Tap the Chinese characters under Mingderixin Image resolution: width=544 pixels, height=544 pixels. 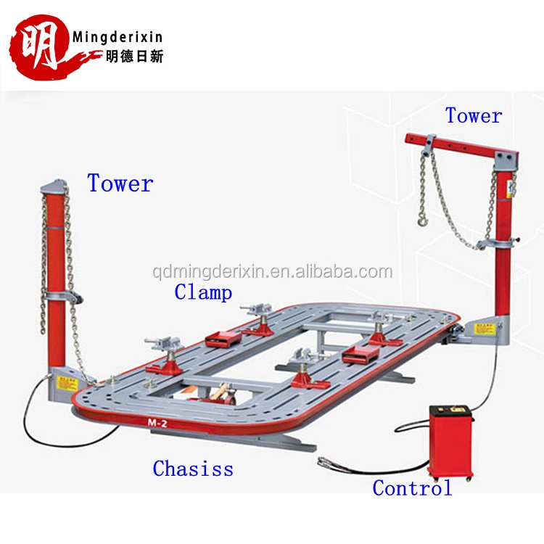click(118, 57)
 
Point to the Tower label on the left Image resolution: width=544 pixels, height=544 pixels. click(120, 184)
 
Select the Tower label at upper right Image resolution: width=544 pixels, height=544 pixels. click(474, 115)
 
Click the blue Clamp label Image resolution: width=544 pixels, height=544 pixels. click(203, 292)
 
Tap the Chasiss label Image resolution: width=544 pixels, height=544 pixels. click(193, 469)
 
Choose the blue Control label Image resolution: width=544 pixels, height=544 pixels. click(412, 488)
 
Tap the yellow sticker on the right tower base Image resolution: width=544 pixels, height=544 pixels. click(479, 328)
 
